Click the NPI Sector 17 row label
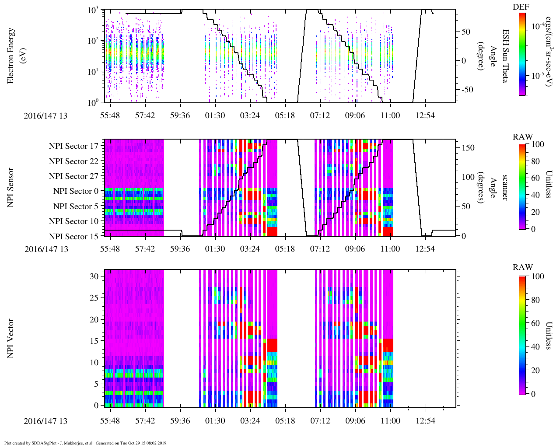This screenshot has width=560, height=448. [x=74, y=146]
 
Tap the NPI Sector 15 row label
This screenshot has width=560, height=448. [x=74, y=237]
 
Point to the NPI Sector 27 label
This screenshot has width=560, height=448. [x=74, y=176]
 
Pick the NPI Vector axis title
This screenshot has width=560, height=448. [x=10, y=339]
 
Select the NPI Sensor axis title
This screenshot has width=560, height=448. [x=10, y=188]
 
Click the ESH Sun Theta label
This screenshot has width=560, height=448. [x=505, y=56]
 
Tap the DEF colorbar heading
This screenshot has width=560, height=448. [x=521, y=7]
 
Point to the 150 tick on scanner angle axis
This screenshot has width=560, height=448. [x=469, y=147]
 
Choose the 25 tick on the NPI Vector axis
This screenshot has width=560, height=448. [x=94, y=298]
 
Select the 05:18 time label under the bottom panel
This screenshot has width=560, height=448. [x=285, y=421]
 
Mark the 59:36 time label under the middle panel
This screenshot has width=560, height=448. [x=180, y=249]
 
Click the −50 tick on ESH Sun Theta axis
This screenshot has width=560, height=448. [x=467, y=89]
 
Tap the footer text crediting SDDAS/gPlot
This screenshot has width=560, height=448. [x=86, y=443]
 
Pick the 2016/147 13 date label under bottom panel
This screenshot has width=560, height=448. [x=46, y=421]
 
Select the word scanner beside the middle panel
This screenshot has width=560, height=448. [x=505, y=188]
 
